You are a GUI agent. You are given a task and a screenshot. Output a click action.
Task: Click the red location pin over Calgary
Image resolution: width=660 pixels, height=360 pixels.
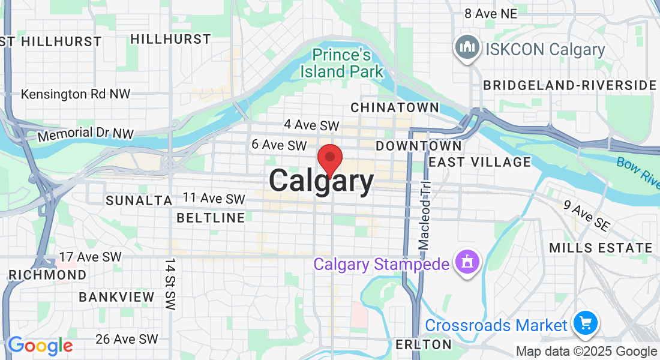click(x=329, y=159)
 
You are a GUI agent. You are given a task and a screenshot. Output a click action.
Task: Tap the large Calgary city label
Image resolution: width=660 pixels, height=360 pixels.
click(x=321, y=181)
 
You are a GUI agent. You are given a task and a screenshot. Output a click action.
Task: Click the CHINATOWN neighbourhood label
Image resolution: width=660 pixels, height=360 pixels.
click(x=394, y=107)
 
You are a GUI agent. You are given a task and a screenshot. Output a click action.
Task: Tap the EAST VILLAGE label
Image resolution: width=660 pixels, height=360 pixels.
click(x=480, y=162)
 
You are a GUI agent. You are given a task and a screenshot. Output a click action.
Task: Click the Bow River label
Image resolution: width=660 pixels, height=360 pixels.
click(x=638, y=170)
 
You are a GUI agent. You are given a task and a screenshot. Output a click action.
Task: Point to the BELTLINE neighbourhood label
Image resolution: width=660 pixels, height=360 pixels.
click(x=211, y=218)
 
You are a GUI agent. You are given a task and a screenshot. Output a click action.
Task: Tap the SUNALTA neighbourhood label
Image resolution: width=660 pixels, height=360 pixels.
click(x=139, y=200)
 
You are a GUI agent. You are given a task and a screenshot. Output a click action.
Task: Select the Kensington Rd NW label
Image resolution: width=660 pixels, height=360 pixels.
click(x=76, y=94)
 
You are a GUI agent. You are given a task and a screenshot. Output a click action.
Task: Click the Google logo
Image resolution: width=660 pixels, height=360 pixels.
click(x=40, y=346)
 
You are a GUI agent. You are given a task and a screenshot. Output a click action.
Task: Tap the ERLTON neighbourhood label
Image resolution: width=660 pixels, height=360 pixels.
click(x=423, y=344)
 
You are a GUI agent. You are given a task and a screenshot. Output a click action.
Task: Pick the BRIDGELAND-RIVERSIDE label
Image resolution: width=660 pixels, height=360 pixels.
click(x=570, y=85)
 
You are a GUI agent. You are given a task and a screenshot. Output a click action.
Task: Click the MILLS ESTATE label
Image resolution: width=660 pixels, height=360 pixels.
click(x=601, y=248)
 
